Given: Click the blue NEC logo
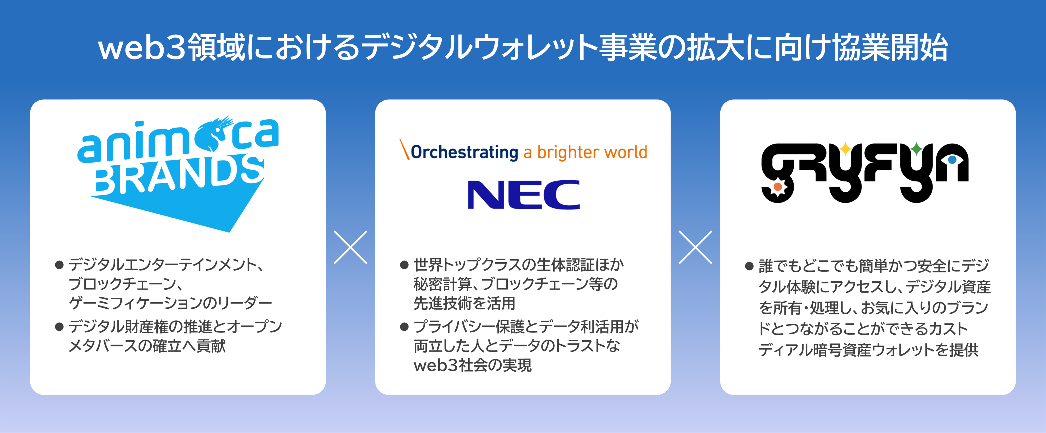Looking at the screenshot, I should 524,195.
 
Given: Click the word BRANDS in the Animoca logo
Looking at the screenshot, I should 179,174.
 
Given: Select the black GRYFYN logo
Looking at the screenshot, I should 865,173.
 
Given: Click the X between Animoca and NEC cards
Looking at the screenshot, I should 351,247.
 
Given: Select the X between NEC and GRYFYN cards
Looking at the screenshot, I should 695,247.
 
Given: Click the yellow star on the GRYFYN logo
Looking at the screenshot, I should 845,149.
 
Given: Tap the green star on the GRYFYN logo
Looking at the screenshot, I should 916,149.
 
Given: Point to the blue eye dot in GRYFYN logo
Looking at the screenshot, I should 952,160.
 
